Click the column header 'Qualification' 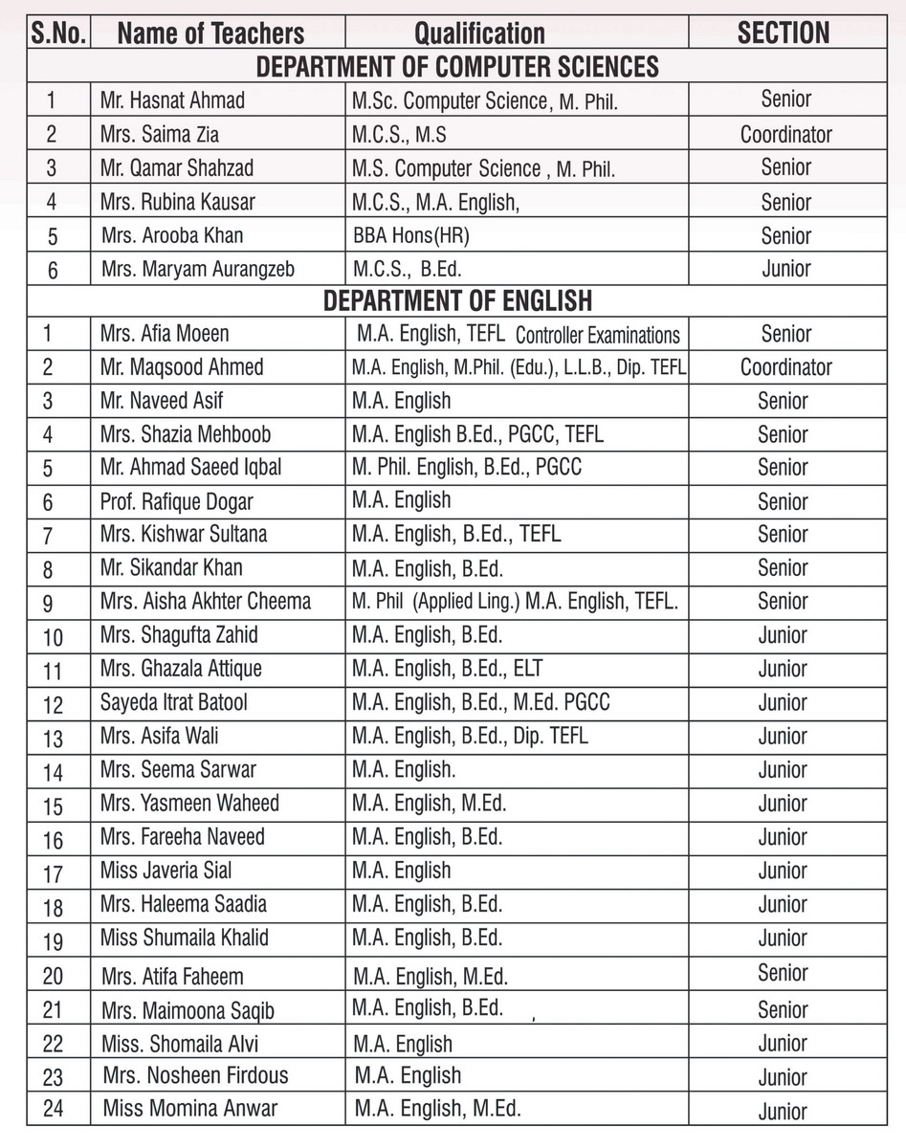tap(479, 34)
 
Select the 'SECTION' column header tap(783, 33)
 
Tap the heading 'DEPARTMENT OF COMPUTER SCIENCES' tap(457, 67)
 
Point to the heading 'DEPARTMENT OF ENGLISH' tap(457, 300)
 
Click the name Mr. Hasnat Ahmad tap(172, 100)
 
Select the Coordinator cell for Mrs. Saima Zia tap(785, 135)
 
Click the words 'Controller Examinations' tap(598, 336)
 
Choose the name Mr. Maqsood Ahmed tap(182, 367)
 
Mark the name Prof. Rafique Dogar tap(177, 501)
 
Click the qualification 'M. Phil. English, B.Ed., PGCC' tap(466, 468)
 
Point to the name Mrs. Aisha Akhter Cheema tap(205, 602)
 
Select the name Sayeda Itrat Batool tap(173, 703)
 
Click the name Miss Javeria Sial tap(166, 871)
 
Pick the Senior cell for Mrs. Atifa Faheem tap(784, 974)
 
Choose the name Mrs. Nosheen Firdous tap(195, 1076)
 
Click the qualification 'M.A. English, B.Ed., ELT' tap(447, 669)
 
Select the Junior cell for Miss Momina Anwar tap(783, 1112)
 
